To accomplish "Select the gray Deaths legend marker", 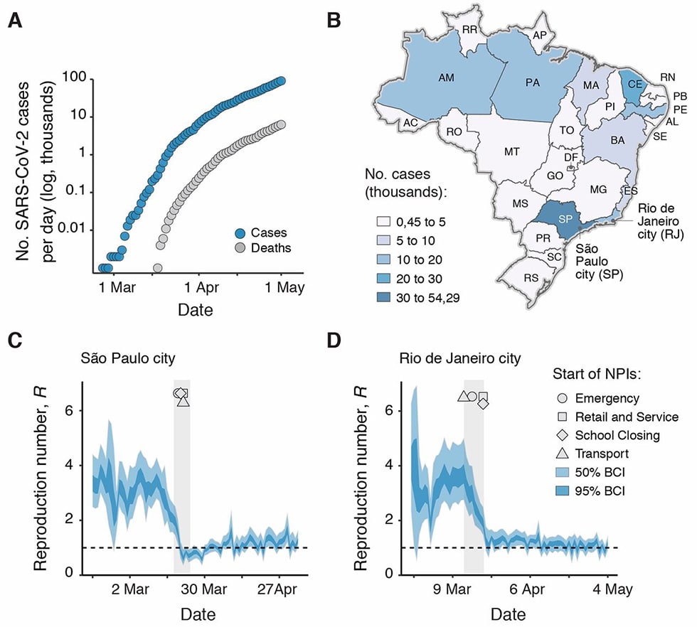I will pos(242,248).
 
